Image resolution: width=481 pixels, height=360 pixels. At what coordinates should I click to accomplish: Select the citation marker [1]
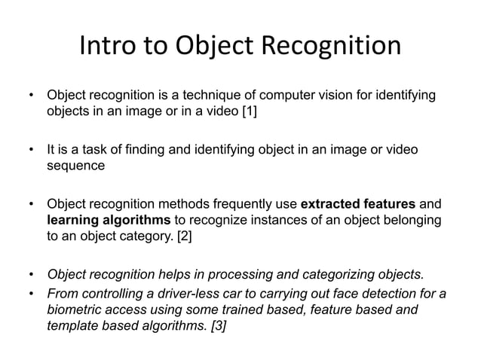247,112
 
